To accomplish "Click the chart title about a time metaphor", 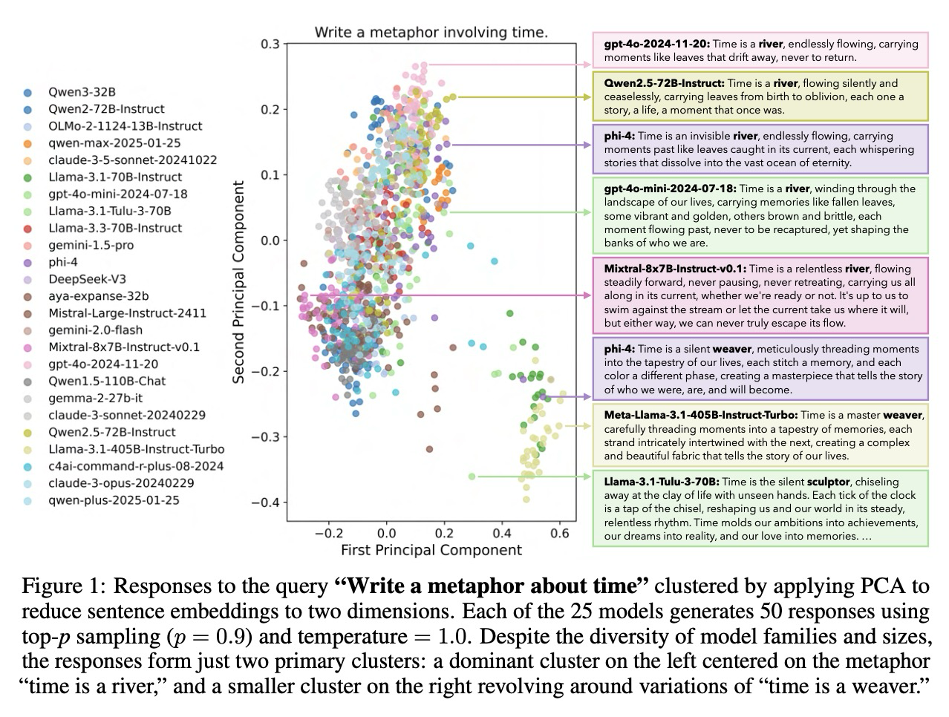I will (431, 32).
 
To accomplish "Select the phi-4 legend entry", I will (63, 262).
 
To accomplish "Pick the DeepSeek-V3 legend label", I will (87, 279).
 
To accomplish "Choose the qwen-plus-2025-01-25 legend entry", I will (114, 500).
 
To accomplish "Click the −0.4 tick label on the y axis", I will (266, 502).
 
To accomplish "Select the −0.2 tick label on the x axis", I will (327, 533).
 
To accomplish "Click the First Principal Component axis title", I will (431, 550).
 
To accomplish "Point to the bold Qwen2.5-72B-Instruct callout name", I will (664, 83).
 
